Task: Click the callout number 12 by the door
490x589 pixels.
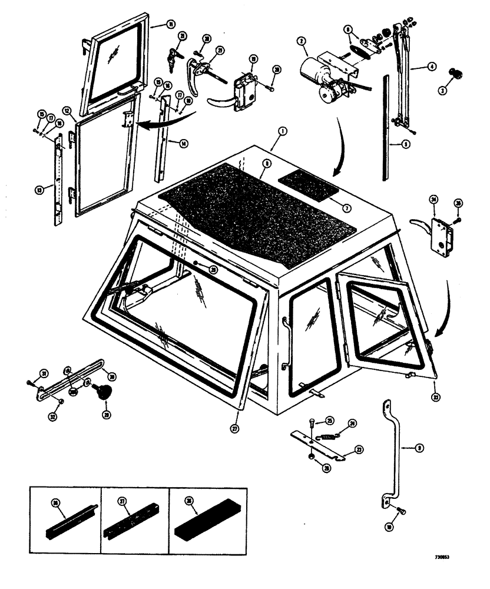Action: [x=68, y=110]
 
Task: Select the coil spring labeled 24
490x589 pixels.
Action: [x=332, y=436]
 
